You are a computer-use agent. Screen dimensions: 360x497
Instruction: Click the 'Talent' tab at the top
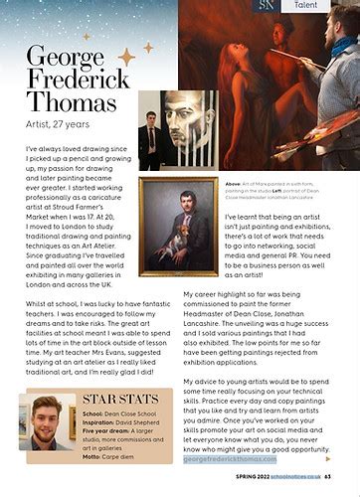click(311, 6)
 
